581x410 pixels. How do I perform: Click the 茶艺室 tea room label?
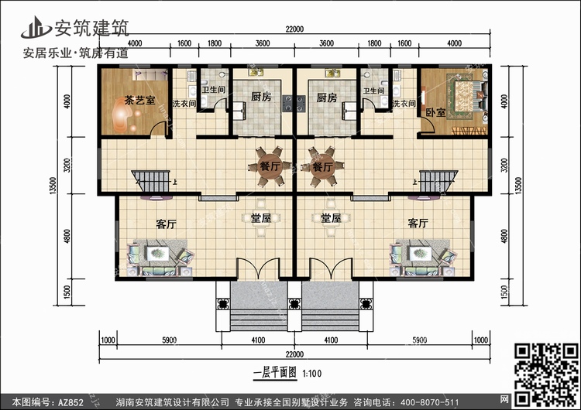pyautogui.click(x=139, y=101)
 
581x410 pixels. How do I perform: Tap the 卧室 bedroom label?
pyautogui.click(x=435, y=112)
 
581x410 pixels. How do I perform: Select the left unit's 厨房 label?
pyautogui.click(x=261, y=97)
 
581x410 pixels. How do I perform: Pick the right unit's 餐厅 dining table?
pyautogui.click(x=322, y=166)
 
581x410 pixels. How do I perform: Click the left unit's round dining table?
pyautogui.click(x=270, y=166)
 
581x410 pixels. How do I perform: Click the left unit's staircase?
pyautogui.click(x=150, y=181)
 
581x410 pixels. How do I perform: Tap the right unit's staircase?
pyautogui.click(x=438, y=181)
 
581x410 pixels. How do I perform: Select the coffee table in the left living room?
pyautogui.click(x=158, y=254)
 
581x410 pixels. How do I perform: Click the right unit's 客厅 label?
pyautogui.click(x=418, y=223)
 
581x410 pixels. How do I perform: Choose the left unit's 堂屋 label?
pyautogui.click(x=261, y=218)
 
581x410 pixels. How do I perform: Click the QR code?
pyautogui.click(x=546, y=375)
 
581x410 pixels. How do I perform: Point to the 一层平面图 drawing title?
pyautogui.click(x=275, y=373)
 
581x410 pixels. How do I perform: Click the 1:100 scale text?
pyautogui.click(x=311, y=374)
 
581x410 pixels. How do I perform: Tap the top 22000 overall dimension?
pyautogui.click(x=294, y=29)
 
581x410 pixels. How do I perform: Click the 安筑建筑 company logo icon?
pyautogui.click(x=36, y=28)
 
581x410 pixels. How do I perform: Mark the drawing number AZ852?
pyautogui.click(x=70, y=402)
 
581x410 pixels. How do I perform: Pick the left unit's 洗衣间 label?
pyautogui.click(x=184, y=103)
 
